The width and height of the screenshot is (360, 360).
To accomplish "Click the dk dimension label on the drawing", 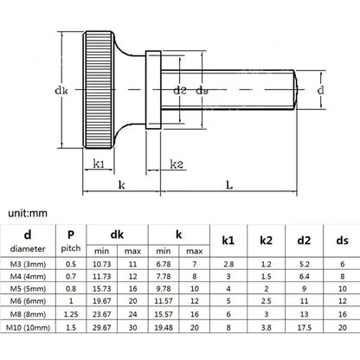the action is click(x=61, y=91).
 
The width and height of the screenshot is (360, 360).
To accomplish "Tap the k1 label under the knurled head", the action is click(x=99, y=164).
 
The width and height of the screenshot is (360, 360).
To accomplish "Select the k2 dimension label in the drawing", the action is click(x=177, y=164).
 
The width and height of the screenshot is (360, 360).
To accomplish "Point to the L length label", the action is click(x=229, y=184).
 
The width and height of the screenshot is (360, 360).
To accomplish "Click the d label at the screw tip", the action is click(x=320, y=90).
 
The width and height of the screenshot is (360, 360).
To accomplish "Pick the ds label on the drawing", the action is click(x=202, y=91).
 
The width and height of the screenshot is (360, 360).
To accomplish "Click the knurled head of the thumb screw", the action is click(x=99, y=90).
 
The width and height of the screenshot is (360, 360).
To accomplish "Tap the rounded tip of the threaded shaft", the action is click(x=296, y=90).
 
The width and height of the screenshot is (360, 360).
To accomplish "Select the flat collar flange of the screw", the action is click(x=153, y=90).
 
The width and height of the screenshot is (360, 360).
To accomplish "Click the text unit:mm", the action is click(x=28, y=214).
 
